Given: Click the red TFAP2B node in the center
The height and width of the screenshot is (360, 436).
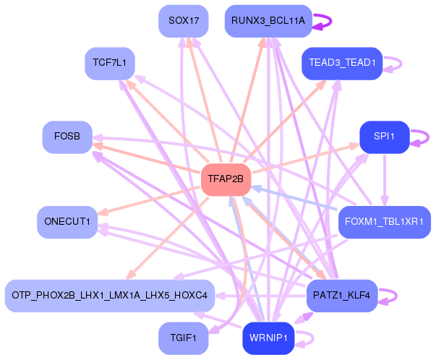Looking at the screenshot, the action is pos(226,179).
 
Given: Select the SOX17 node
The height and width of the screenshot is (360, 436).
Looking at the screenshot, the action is pos(184,21).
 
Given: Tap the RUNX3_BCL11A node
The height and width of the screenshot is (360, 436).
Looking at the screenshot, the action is pos(268,21).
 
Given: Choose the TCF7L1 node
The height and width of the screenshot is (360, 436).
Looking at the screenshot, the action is pos(110,64).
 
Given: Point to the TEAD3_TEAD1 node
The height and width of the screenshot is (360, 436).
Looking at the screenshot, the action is pos(342,64).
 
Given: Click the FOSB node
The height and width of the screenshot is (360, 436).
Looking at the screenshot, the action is pos(67,137).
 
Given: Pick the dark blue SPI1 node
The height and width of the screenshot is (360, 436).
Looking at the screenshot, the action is pos(385,137).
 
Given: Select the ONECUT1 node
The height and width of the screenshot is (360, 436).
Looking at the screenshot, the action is pos(67,222).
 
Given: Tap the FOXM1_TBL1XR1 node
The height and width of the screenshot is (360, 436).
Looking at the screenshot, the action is pos(385,222).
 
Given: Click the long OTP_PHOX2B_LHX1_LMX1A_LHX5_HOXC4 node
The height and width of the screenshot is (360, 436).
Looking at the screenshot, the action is pos(110,296).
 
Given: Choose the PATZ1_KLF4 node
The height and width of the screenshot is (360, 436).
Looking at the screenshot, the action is pos(342,296).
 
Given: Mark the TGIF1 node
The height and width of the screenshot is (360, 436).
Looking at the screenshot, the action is pos(184,338).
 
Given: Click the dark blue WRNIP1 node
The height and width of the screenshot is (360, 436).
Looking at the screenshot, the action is pos(268,338).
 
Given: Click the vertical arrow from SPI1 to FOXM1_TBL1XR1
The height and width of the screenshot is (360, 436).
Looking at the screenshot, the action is pos(385,180).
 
